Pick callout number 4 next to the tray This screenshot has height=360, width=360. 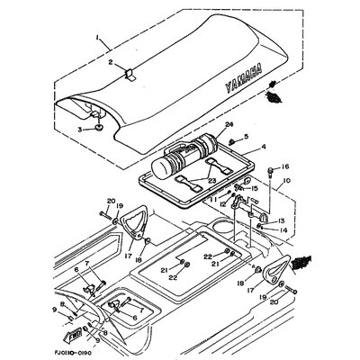click(264, 145)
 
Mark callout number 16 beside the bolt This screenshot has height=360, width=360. click(286, 167)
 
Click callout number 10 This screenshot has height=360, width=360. click(288, 181)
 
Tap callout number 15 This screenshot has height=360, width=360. click(253, 188)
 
